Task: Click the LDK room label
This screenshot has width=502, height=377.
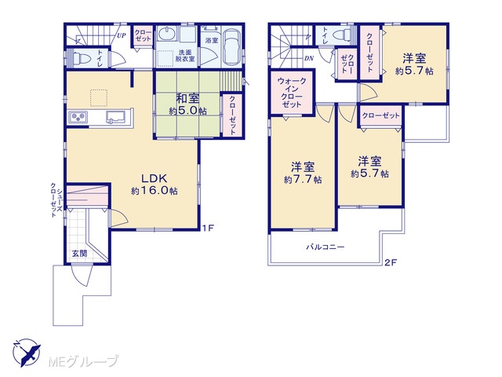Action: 155,178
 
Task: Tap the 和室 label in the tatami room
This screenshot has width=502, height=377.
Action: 187,98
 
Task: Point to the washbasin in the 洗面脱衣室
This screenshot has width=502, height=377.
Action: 167,34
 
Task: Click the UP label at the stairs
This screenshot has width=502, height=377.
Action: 122,35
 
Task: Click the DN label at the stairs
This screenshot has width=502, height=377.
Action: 309,58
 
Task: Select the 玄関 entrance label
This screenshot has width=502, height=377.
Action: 79,253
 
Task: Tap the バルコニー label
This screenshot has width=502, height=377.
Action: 326,247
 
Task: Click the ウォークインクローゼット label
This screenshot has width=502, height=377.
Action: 292,93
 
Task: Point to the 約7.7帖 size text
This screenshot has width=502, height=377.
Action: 303,180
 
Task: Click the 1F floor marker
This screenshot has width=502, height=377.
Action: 207,229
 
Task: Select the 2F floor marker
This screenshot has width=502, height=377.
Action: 391,262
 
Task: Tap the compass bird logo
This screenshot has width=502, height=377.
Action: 27,353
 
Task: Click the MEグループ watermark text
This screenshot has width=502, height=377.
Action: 83,361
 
